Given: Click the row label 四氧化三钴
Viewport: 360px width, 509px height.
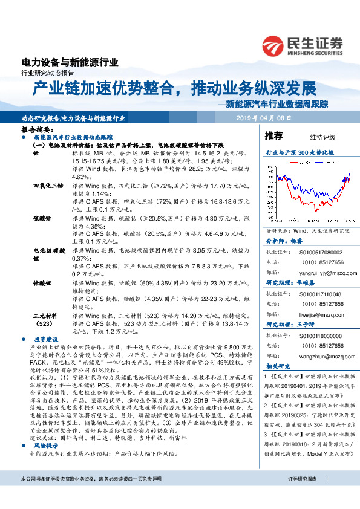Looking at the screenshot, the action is coord(47,184).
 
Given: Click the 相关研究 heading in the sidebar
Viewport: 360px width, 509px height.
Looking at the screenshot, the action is coord(278,366).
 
